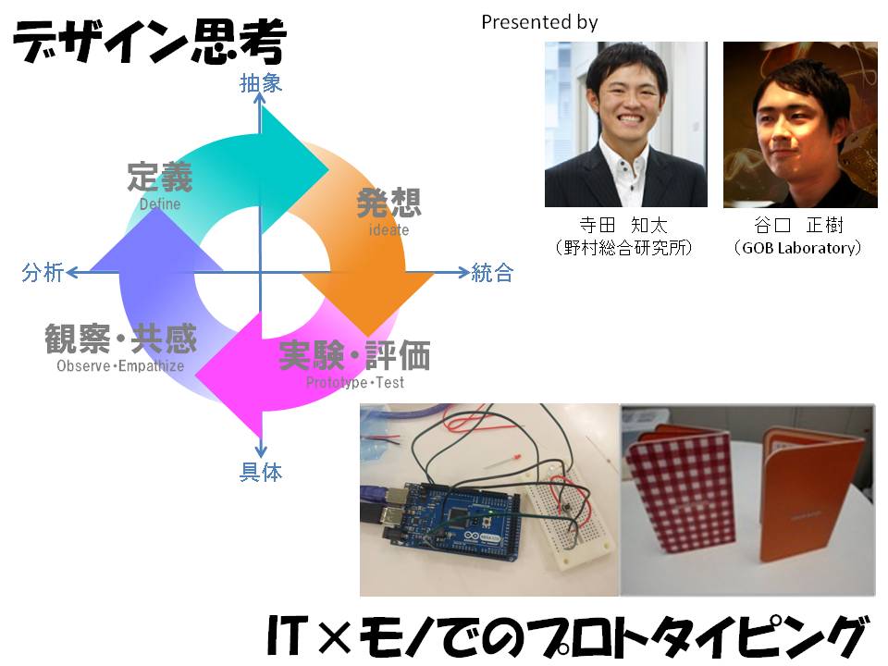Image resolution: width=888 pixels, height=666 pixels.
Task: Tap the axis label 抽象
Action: pos(261,83)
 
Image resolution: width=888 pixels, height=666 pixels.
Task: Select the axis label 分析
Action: pos(43,272)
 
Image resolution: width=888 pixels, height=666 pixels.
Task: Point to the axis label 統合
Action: pos(492,272)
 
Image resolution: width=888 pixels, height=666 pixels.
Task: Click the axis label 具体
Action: pos(261,471)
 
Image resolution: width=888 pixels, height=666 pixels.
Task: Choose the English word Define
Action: pos(160,203)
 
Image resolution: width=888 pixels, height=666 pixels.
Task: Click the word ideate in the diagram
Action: pos(388,230)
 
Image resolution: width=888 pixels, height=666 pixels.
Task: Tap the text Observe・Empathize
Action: pos(120,366)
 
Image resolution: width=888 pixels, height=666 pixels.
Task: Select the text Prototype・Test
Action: pos(355,383)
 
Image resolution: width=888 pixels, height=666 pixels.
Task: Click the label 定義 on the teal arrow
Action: pos(160,178)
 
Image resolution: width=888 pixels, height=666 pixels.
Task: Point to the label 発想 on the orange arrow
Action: pos(389,203)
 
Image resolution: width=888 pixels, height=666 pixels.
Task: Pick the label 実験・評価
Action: pos(354,355)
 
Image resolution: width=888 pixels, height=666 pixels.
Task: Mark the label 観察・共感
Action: pos(120,339)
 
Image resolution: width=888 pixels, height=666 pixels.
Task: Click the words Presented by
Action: pos(539,22)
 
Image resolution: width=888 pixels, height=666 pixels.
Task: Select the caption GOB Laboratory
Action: pos(798,248)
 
